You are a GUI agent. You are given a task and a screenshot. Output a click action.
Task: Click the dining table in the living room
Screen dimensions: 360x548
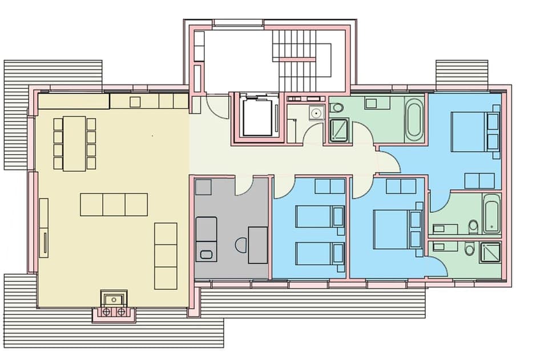click(74, 143)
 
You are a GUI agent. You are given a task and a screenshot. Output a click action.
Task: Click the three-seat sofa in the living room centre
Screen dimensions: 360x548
click(114, 204)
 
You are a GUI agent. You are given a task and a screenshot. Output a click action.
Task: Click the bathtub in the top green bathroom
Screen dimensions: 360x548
click(414, 119)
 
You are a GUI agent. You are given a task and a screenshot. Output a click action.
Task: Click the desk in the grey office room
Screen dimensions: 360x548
click(258, 245)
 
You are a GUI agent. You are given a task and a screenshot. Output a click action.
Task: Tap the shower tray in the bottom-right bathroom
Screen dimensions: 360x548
click(490, 252)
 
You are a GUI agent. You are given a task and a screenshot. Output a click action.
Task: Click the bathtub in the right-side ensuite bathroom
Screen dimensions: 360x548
click(492, 213)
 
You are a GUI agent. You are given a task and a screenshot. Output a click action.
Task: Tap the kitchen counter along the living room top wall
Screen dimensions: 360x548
click(148, 102)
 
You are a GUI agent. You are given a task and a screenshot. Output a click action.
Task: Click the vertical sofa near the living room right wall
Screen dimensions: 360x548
click(166, 256)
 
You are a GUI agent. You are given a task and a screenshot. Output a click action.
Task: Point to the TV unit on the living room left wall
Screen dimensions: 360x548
click(43, 227)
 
